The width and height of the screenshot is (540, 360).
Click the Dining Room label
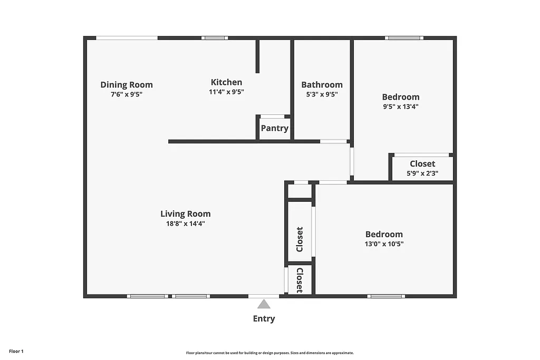coord(127,84)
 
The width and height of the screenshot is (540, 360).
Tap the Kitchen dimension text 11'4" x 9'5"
coord(226,92)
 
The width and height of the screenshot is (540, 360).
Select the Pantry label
coord(275,128)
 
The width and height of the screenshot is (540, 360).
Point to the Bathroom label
coord(322,84)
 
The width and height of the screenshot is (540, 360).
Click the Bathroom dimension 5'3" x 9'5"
coord(322,94)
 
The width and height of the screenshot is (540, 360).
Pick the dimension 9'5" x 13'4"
coord(401,106)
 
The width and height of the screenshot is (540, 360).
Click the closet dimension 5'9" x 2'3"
coord(422,173)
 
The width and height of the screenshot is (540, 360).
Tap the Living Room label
coord(186,213)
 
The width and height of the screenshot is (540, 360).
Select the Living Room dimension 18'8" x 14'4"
coord(186,223)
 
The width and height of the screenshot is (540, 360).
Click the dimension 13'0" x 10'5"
coord(384,244)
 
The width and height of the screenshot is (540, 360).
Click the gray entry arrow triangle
coord(264,304)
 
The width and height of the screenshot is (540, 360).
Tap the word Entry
coord(264,318)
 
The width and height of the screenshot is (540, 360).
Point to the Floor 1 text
coord(16,351)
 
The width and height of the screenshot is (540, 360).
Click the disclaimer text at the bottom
coord(269,353)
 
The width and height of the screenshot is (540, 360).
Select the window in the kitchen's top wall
coord(215,38)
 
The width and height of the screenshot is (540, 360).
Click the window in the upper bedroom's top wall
coord(404,38)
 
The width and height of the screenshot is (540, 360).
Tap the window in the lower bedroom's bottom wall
coord(386,296)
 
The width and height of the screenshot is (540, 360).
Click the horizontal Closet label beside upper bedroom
coord(422,163)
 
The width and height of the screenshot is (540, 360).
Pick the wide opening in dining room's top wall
coord(127,38)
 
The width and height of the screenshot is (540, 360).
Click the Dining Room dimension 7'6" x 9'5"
coord(127,94)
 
